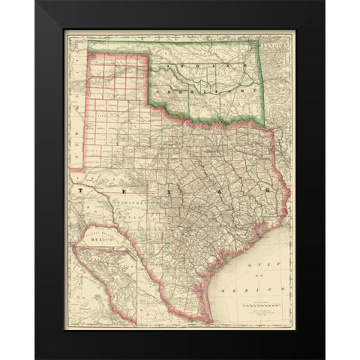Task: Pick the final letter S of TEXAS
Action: (268, 193)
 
